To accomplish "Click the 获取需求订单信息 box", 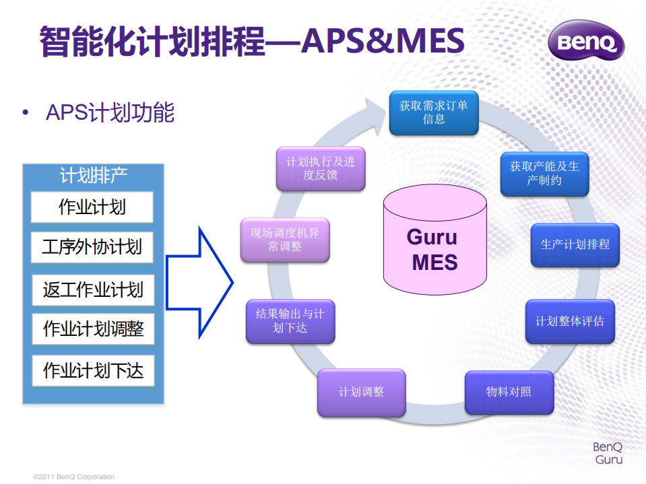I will pyautogui.click(x=434, y=112).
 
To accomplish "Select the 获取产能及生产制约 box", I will pyautogui.click(x=544, y=174).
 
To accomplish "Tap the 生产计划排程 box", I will pyautogui.click(x=575, y=244).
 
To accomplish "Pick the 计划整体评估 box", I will pyautogui.click(x=570, y=321).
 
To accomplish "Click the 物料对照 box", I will pyautogui.click(x=509, y=392).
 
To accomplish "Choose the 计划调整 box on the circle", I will pyautogui.click(x=361, y=392).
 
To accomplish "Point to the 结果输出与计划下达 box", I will pyautogui.click(x=290, y=321).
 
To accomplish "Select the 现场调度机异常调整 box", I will pyautogui.click(x=285, y=240).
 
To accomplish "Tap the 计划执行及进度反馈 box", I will pyautogui.click(x=321, y=168).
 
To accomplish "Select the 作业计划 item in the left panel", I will pyautogui.click(x=92, y=207).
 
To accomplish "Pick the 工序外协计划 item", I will pyautogui.click(x=92, y=247).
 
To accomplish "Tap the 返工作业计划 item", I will pyautogui.click(x=93, y=290).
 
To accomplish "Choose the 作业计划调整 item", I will pyautogui.click(x=93, y=329).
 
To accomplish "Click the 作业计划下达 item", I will pyautogui.click(x=93, y=370).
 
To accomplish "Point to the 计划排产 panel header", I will pyautogui.click(x=94, y=176).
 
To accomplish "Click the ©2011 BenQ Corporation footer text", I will pyautogui.click(x=74, y=477).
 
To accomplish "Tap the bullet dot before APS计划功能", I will pyautogui.click(x=26, y=112).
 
